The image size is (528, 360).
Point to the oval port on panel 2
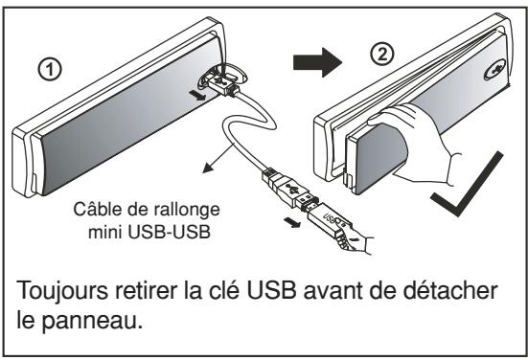tap(495, 72)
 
